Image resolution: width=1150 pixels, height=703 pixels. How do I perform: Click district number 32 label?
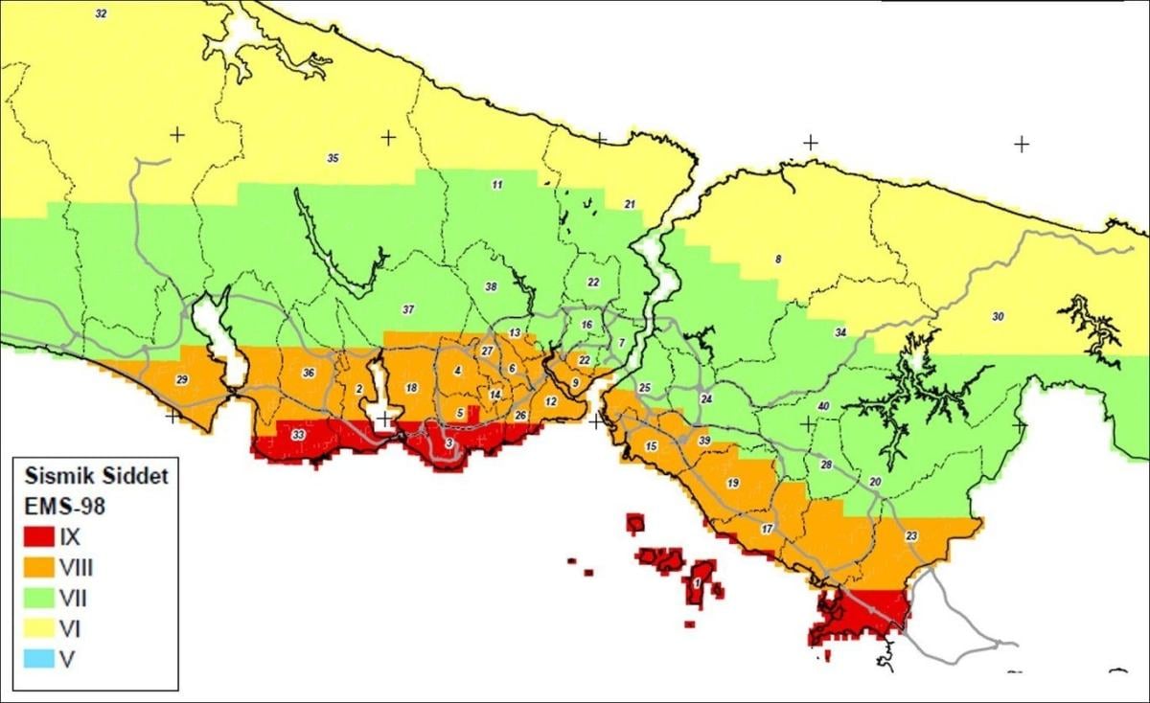[102, 13]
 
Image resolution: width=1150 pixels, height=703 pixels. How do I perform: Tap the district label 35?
[333, 158]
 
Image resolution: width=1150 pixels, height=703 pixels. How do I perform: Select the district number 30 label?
[998, 317]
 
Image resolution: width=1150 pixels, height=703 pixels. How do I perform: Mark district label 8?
[778, 260]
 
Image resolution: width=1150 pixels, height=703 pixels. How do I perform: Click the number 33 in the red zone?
[299, 436]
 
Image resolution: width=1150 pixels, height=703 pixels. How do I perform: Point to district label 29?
[182, 380]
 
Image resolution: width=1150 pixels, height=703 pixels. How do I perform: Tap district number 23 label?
[910, 535]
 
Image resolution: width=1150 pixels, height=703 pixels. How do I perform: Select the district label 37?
[408, 309]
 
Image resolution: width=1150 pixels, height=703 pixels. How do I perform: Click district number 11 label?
[496, 184]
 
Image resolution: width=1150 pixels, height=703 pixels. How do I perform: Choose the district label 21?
[630, 204]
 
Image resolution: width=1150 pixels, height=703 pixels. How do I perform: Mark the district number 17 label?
[767, 530]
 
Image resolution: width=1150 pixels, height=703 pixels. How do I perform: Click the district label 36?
[309, 373]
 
